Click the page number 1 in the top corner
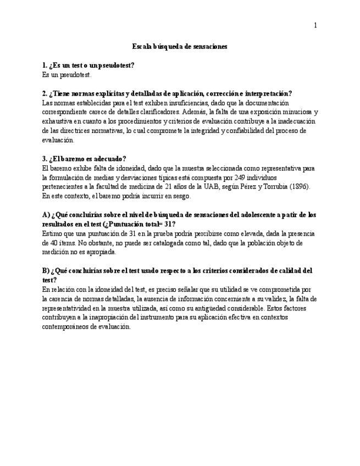[x=315, y=25]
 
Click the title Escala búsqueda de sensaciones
[x=180, y=47]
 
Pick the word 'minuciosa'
[x=295, y=112]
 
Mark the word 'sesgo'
[x=181, y=196]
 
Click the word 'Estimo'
[x=52, y=234]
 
